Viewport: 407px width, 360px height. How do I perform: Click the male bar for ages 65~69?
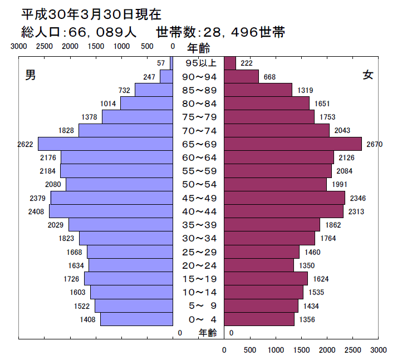pyautogui.click(x=105, y=144)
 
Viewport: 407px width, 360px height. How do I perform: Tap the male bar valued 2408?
pyautogui.click(x=111, y=211)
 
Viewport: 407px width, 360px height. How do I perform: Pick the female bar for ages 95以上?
pyautogui.click(x=230, y=63)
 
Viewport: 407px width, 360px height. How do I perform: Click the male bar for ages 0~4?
pyautogui.click(x=136, y=319)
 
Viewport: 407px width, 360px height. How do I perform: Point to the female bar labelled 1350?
pyautogui.click(x=259, y=265)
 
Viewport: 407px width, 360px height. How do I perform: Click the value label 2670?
pyautogui.click(x=374, y=145)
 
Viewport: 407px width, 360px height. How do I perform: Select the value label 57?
pyautogui.click(x=161, y=63)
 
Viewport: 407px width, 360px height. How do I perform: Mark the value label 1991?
pyautogui.click(x=339, y=185)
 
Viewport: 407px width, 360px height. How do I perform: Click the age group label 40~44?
pyautogui.click(x=199, y=211)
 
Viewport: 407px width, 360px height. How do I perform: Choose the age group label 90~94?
pyautogui.click(x=199, y=77)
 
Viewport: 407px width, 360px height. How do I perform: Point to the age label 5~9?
pyautogui.click(x=199, y=305)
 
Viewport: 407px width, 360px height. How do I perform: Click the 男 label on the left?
pyautogui.click(x=31, y=76)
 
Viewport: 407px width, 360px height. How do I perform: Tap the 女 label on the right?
pyautogui.click(x=367, y=76)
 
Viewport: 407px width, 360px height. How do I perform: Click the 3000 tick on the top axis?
pyautogui.click(x=18, y=47)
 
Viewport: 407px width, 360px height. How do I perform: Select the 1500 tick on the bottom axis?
pyautogui.click(x=301, y=350)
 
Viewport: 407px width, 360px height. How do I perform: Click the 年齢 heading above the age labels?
pyautogui.click(x=199, y=47)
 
